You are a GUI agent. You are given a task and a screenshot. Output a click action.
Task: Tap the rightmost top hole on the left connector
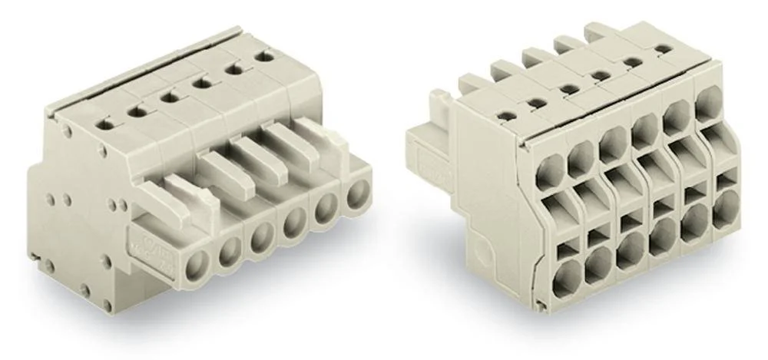click(268, 56)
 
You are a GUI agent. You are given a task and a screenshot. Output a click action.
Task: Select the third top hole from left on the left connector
click(166, 98)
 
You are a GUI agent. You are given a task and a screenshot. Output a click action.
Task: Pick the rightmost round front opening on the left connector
click(356, 196)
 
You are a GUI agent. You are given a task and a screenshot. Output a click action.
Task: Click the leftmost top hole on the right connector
click(505, 116)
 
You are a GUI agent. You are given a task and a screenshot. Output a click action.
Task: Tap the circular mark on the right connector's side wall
click(482, 251)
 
